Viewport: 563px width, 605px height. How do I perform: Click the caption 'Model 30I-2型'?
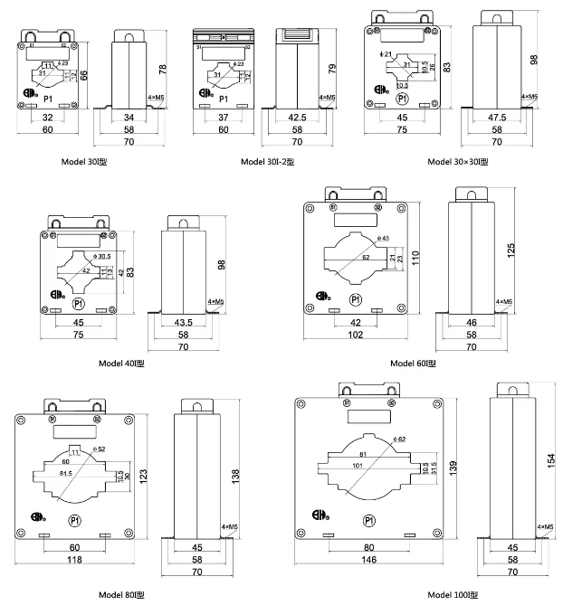[267, 162]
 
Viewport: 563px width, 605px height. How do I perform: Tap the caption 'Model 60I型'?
[414, 363]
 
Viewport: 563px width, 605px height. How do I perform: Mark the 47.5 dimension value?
[496, 118]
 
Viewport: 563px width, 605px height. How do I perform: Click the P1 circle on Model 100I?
[369, 520]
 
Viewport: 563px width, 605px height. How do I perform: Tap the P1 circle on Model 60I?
[356, 298]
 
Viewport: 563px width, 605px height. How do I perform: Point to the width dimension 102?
[355, 334]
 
